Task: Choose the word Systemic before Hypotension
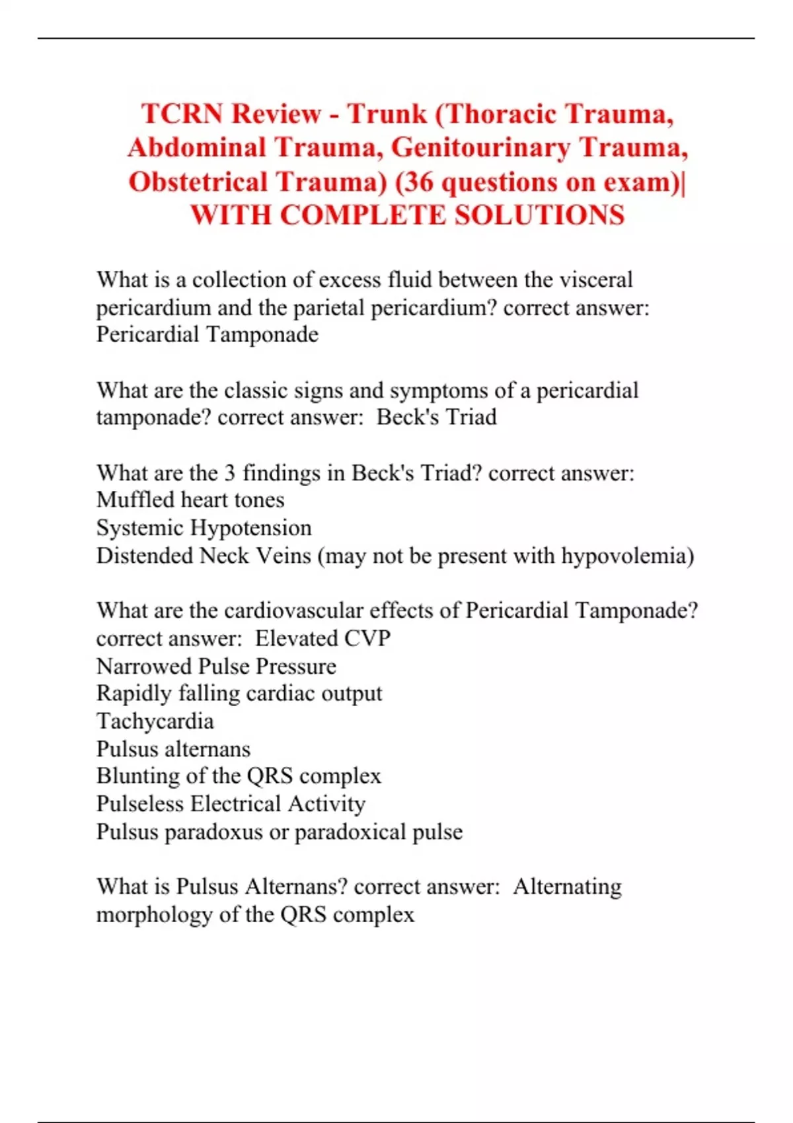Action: coord(139,527)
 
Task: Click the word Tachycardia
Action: coord(155,721)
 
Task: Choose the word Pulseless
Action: coord(139,803)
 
